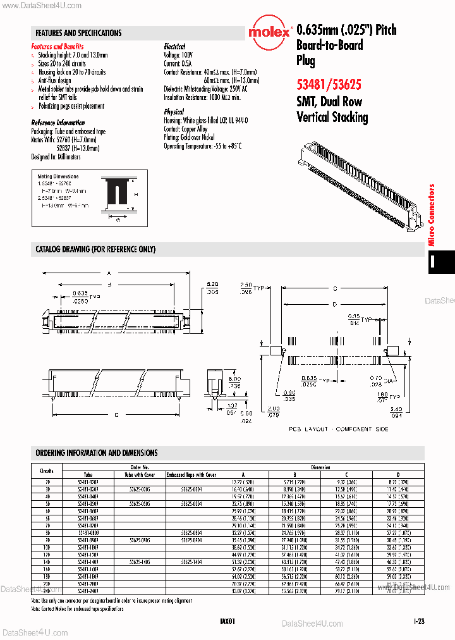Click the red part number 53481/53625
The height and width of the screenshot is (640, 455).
(x=329, y=83)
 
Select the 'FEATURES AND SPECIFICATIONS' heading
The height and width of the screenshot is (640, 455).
(x=79, y=33)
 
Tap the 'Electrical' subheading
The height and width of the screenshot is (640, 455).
(x=174, y=47)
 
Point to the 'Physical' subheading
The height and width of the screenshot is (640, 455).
(x=174, y=112)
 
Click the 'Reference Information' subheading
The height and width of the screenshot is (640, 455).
(x=58, y=123)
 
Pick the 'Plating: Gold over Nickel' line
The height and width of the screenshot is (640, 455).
(x=190, y=137)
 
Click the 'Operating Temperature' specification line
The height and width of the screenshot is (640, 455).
(x=203, y=145)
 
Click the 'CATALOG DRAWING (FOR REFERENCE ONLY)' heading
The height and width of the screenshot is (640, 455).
(x=95, y=249)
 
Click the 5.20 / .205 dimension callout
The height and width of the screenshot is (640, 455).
(x=212, y=288)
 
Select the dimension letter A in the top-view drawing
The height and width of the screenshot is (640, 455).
(x=109, y=273)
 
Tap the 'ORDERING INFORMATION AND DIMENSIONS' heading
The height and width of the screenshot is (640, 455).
(x=97, y=453)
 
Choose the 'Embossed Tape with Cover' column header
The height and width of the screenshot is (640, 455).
(x=191, y=474)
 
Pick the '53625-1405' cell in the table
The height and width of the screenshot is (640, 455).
(x=139, y=560)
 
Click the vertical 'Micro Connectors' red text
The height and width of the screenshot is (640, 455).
(x=432, y=214)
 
